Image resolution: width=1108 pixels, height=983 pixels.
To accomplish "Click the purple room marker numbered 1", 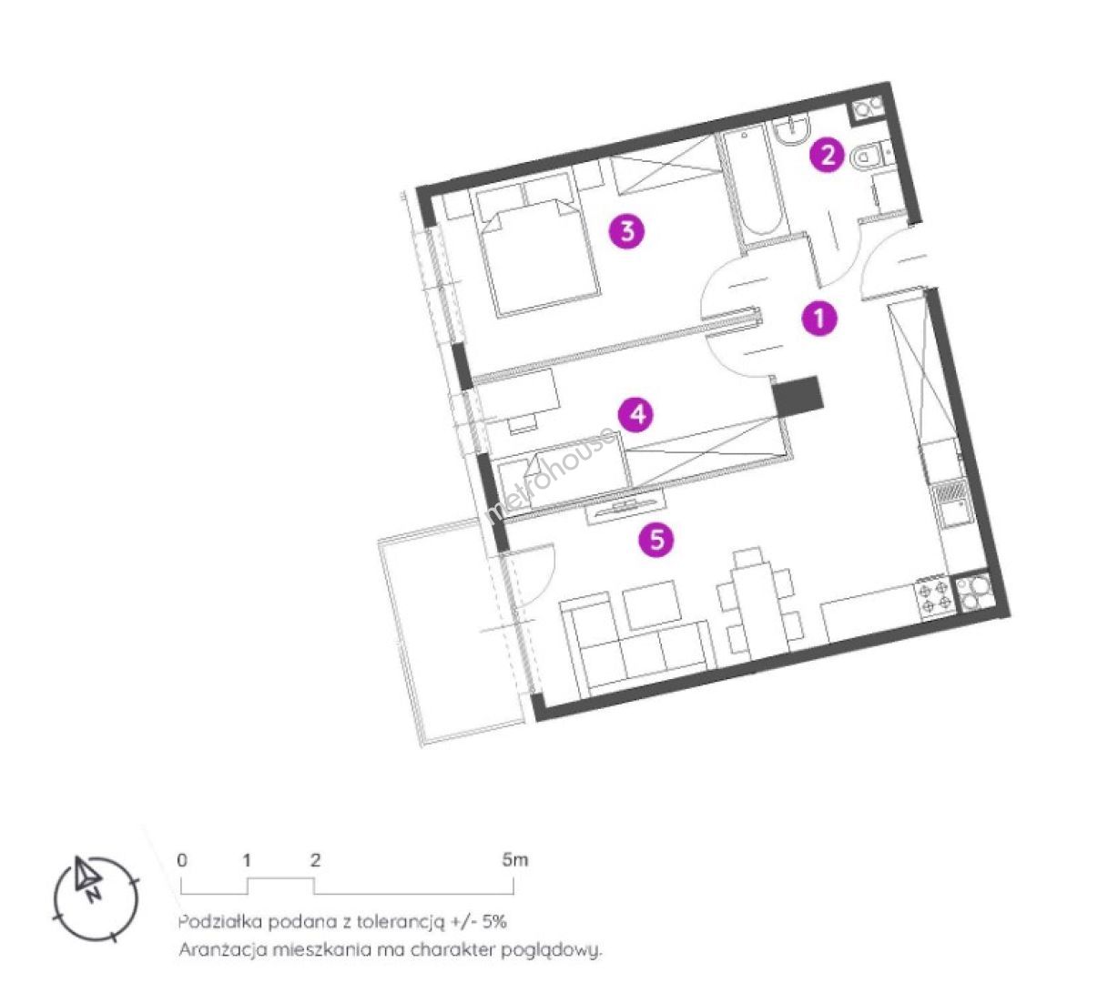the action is [818, 318].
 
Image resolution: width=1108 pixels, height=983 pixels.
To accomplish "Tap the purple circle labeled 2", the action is [828, 155].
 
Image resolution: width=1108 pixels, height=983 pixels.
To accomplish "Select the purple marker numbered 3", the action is [627, 230].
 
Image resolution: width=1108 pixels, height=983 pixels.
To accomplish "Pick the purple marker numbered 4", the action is [636, 415].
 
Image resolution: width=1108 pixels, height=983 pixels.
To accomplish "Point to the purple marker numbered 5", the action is [656, 540].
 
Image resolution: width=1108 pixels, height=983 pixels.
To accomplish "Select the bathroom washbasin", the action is [791, 131].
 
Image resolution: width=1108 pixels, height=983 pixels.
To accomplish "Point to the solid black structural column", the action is [798, 396].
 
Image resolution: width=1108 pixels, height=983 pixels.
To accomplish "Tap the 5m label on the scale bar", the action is [514, 860].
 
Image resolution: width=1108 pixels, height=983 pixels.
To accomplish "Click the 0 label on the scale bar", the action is [182, 860].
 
